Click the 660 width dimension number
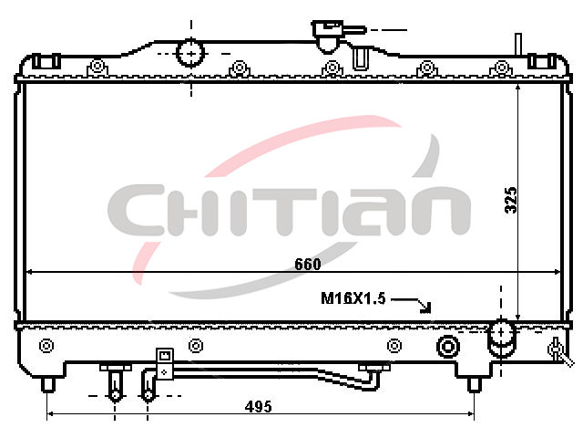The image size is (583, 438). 308,264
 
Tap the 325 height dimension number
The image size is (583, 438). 511,200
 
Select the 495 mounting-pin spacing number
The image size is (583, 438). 258,406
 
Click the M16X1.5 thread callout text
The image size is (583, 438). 353,298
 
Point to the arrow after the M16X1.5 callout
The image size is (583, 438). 412,304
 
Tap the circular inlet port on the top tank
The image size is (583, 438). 190,53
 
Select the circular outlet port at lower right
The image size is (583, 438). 501,333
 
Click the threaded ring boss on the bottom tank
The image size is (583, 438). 447,347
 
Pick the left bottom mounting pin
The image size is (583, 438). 48,384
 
